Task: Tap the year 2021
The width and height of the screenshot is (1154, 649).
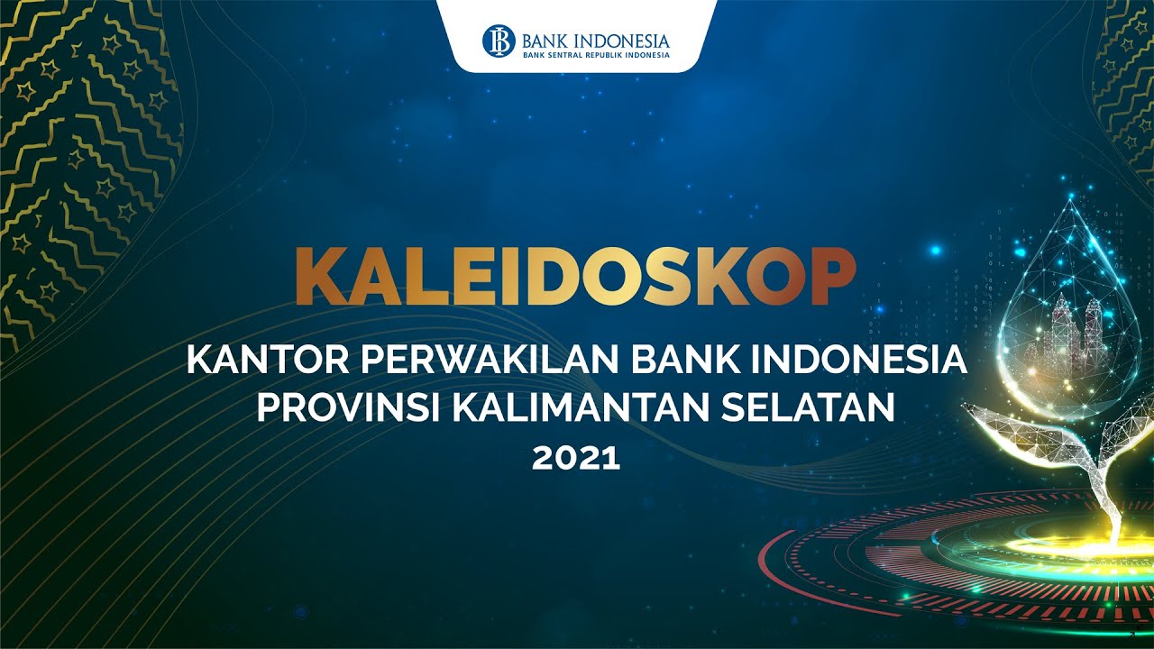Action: tap(576, 458)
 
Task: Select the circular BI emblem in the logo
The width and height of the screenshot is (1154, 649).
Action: tap(499, 41)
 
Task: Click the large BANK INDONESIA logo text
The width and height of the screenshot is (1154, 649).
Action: tap(595, 40)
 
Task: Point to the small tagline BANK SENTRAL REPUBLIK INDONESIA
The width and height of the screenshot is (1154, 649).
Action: tap(596, 55)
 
